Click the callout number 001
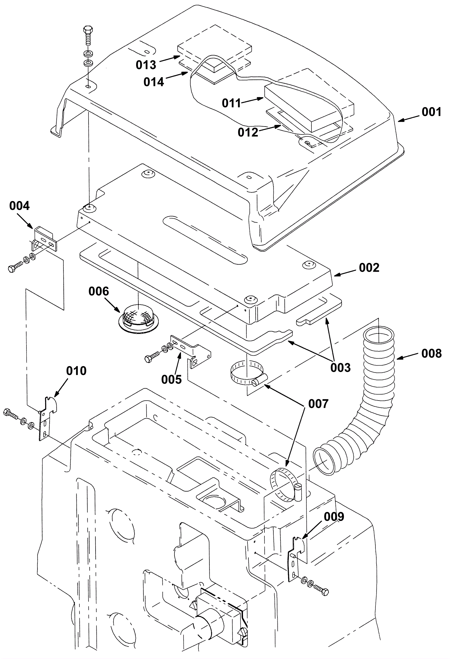click(x=431, y=112)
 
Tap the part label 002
click(x=369, y=268)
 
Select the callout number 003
click(x=341, y=368)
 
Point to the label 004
click(x=19, y=206)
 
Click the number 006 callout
click(x=99, y=291)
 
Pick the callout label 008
click(x=432, y=353)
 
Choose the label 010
click(x=76, y=371)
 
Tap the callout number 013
click(x=146, y=65)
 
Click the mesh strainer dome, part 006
click(x=138, y=316)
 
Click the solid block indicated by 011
click(x=309, y=108)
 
